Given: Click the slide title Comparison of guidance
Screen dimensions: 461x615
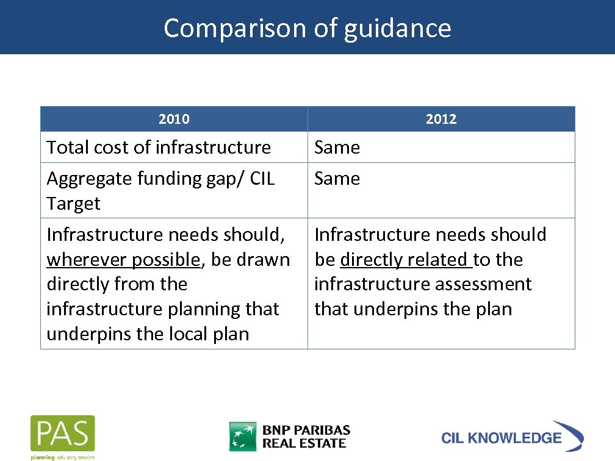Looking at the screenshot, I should tap(307, 28).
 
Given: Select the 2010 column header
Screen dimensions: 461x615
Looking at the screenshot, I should tap(174, 119).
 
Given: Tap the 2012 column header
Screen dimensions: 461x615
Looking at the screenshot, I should tap(441, 119).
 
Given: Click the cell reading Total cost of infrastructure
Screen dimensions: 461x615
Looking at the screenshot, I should tap(159, 148).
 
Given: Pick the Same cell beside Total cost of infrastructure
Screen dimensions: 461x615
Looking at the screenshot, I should tap(337, 148).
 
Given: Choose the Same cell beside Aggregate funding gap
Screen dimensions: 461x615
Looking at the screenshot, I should tap(337, 179).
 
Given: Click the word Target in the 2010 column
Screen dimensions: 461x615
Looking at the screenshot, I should tap(73, 204).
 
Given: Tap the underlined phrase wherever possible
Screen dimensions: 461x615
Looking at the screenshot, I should tap(123, 260).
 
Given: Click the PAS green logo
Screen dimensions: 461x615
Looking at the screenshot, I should tap(63, 433).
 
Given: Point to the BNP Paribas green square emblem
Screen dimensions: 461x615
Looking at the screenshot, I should tap(242, 436).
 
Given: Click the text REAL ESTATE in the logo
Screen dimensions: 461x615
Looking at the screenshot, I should tap(304, 443).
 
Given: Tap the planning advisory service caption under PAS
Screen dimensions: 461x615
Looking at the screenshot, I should tap(63, 457).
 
